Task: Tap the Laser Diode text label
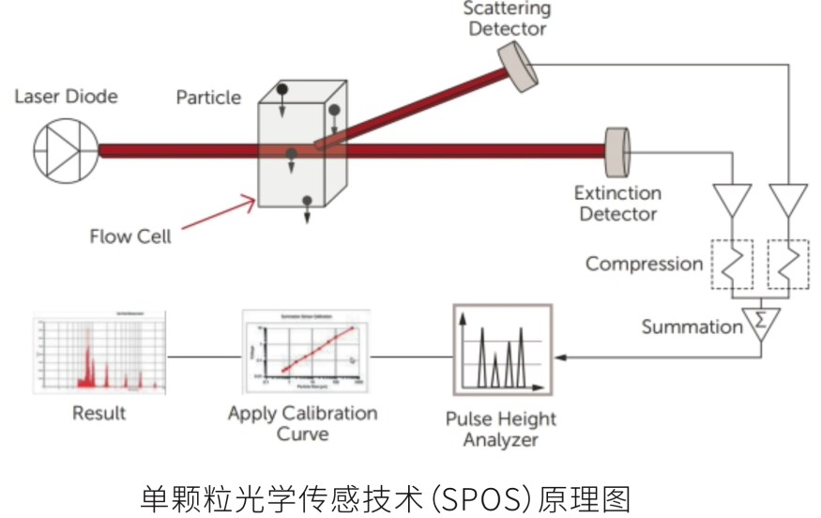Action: pyautogui.click(x=66, y=97)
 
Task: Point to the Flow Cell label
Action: pyautogui.click(x=130, y=236)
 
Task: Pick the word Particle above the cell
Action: pyautogui.click(x=208, y=98)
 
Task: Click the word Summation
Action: pyautogui.click(x=692, y=327)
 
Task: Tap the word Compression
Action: pyautogui.click(x=644, y=264)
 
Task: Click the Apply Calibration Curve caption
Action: pyautogui.click(x=302, y=423)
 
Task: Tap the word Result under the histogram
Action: pyautogui.click(x=99, y=413)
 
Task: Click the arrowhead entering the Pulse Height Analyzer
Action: pyautogui.click(x=560, y=357)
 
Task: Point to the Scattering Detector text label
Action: pyautogui.click(x=507, y=19)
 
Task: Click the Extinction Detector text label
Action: pyautogui.click(x=617, y=204)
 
